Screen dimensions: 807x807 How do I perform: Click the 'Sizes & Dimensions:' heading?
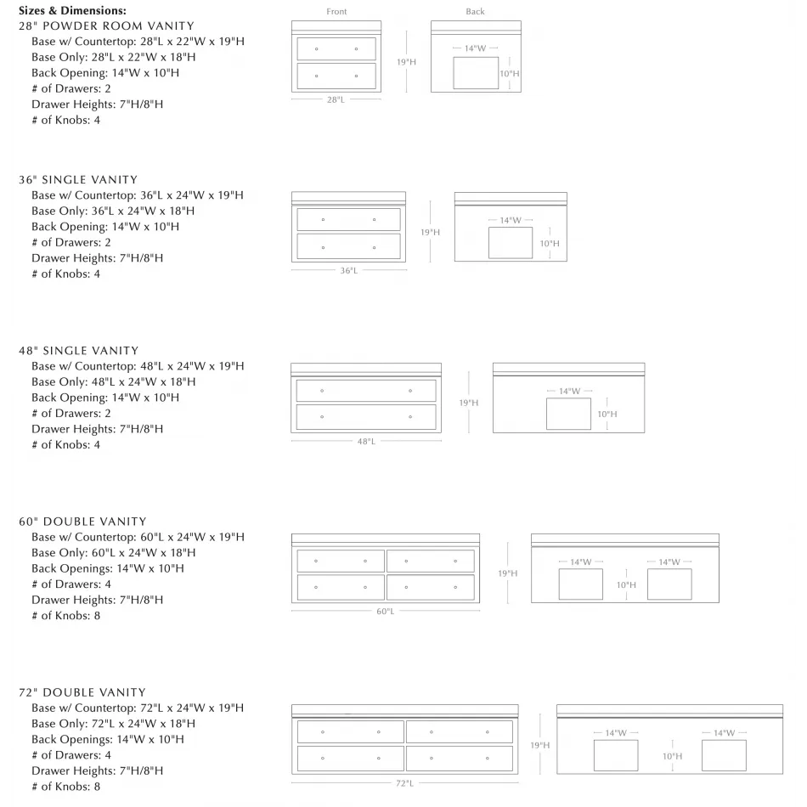[x=72, y=11]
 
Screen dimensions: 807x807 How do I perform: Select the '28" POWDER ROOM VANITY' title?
[x=106, y=26]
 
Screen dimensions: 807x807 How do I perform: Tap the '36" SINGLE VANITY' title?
[x=78, y=180]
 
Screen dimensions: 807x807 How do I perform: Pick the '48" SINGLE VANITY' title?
[x=78, y=351]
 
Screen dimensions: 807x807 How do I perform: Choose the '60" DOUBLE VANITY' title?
[x=82, y=522]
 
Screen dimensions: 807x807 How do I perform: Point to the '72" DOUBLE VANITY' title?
[x=82, y=692]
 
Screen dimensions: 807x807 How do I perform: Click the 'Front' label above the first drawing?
[x=336, y=12]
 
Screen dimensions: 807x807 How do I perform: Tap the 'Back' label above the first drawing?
[x=475, y=12]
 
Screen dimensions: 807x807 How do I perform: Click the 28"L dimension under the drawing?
[x=336, y=99]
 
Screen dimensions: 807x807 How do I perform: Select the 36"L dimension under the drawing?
[x=348, y=271]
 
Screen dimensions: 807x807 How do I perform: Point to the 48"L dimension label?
[x=366, y=442]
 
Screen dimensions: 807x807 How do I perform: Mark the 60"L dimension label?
[x=385, y=612]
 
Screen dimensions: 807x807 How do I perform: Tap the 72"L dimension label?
[x=404, y=782]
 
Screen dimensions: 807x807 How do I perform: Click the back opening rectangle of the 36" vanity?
[x=511, y=243]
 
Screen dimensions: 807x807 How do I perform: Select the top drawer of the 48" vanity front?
[x=366, y=391]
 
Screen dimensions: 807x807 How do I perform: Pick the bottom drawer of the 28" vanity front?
[x=336, y=76]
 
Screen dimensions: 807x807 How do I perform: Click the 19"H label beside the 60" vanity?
[x=507, y=573]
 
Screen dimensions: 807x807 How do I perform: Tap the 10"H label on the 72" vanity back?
[x=672, y=755]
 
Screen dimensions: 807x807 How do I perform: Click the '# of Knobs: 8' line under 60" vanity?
[x=66, y=616]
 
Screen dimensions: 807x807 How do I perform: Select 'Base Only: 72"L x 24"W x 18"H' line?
[x=113, y=724]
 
